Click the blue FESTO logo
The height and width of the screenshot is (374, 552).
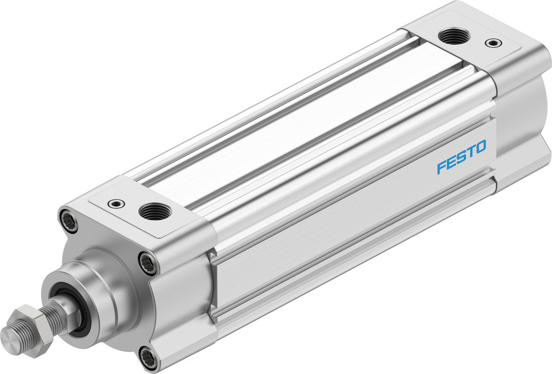point(461,157)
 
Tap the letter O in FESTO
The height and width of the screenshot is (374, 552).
point(480,147)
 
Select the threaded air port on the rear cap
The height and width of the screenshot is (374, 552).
point(454,38)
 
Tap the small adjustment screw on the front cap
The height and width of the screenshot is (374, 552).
point(115,204)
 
